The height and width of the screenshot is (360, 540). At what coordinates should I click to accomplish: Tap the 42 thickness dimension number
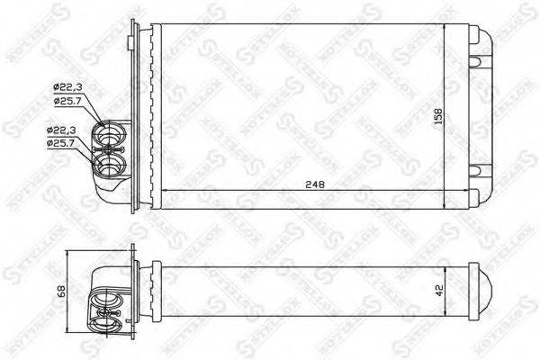439,291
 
